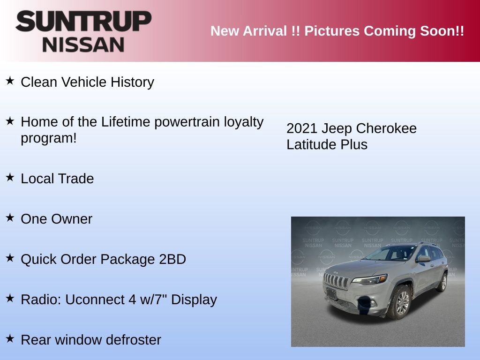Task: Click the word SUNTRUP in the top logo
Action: coord(83,22)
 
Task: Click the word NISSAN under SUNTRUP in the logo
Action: coord(83,45)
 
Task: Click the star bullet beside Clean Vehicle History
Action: coord(10,81)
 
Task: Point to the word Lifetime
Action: coord(126,122)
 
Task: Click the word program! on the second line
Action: coord(49,139)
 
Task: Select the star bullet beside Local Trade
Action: coord(10,178)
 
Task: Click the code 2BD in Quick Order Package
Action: coord(172,259)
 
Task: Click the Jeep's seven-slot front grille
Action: coord(337,282)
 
